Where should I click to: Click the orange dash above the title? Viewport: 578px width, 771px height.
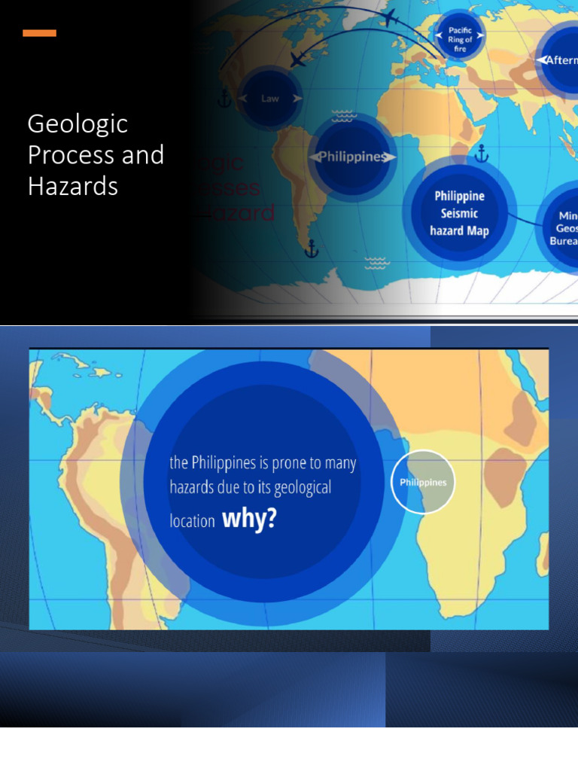click(x=39, y=33)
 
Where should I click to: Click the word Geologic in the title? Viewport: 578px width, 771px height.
click(x=78, y=123)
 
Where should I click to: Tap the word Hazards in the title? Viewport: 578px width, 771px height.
click(x=72, y=185)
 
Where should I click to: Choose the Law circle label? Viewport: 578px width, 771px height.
click(x=269, y=99)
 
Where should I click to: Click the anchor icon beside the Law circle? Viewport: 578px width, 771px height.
click(x=224, y=98)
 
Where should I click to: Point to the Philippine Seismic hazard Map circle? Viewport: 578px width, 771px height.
click(x=459, y=213)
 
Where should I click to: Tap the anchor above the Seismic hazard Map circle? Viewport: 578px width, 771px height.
click(x=482, y=155)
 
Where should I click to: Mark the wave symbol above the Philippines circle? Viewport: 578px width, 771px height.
click(x=342, y=116)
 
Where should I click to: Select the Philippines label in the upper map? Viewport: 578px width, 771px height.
click(x=352, y=157)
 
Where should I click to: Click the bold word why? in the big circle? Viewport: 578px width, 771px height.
click(x=250, y=518)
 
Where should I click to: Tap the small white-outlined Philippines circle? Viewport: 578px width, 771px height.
click(x=423, y=482)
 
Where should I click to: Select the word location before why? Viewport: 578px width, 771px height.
click(x=192, y=520)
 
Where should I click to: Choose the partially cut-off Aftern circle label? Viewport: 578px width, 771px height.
click(x=558, y=60)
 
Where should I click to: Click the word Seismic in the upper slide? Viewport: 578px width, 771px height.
click(x=459, y=213)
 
